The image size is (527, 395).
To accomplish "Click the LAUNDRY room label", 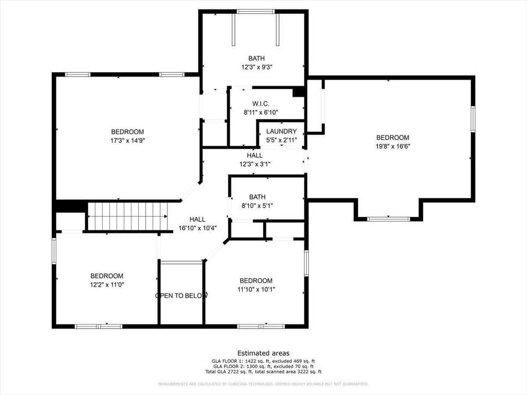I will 282,131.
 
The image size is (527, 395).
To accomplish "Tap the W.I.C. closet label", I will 261,104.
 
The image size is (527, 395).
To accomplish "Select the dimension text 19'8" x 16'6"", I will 393,147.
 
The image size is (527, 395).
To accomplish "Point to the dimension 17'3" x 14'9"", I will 127,141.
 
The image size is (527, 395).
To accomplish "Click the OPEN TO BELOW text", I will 181,296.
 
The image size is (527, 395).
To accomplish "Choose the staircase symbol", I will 127,216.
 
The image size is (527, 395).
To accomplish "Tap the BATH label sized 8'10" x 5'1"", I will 257,197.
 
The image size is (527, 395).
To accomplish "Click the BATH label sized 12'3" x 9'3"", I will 256,58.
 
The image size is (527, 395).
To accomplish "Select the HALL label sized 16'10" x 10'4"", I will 197,219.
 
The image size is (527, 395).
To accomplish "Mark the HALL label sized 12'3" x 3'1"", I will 255,155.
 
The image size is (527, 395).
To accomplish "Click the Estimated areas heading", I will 263,353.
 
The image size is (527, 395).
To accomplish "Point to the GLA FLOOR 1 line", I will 263,361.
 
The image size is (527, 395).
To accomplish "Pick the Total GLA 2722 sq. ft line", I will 263,372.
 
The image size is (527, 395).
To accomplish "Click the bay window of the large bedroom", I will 388,219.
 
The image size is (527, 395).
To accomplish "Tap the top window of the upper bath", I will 256,11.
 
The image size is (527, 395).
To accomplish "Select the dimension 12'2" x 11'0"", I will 107,284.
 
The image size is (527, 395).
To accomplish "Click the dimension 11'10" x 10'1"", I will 256,289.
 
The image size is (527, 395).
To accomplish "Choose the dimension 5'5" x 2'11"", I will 282,140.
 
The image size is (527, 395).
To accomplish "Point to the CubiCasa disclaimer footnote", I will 263,384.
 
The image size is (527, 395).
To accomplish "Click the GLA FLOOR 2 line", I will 263,366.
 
